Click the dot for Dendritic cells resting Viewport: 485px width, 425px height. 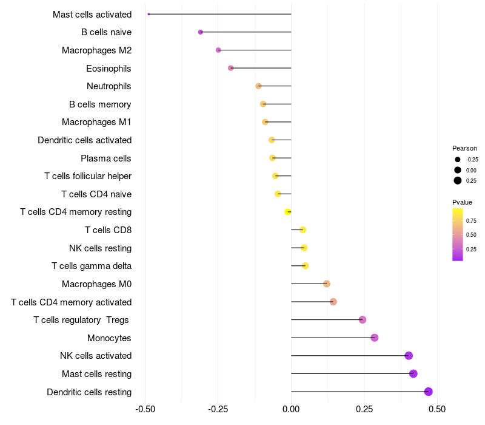428,392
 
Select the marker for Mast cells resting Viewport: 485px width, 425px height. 413,373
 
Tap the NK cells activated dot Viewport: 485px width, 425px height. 409,356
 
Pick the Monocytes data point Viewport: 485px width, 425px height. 374,338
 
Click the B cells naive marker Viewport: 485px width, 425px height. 201,32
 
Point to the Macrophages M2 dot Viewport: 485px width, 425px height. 218,50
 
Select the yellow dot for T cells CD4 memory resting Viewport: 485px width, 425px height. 288,212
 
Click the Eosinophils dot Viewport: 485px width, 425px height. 230,68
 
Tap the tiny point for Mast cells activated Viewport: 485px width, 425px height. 149,14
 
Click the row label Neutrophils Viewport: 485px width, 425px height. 109,86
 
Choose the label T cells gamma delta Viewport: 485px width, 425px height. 92,266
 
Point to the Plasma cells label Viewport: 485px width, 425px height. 105,158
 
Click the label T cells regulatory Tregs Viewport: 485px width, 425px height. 82,320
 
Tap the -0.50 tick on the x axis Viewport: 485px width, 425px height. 145,410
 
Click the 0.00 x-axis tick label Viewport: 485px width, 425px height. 291,410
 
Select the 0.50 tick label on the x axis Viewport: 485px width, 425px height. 436,410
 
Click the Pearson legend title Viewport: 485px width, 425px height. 464,148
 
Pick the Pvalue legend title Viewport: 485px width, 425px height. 462,202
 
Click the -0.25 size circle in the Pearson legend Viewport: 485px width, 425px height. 457,159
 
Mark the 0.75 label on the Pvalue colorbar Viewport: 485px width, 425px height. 471,220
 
